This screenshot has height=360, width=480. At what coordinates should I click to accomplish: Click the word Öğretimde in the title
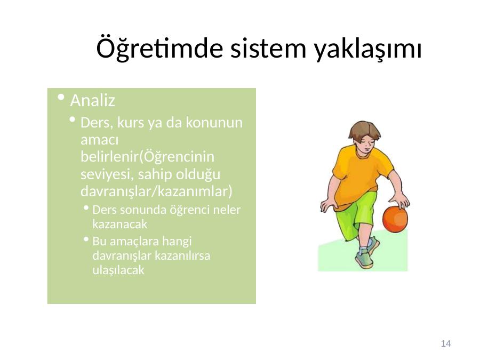point(159,48)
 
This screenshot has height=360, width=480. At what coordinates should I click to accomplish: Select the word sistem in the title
point(268,49)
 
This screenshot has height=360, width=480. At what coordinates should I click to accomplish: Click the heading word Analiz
point(92,100)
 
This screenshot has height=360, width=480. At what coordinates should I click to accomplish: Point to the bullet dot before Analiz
point(61,98)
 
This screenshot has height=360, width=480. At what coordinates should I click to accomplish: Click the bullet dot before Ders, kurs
point(72,119)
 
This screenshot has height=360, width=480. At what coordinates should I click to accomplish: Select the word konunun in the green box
point(214,123)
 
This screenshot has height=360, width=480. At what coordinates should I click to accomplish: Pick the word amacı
point(100,140)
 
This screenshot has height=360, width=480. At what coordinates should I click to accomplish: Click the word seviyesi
point(107,175)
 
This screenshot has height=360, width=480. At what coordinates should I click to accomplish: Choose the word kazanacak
point(119,225)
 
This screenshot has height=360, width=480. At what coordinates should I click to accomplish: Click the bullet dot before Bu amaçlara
point(86,239)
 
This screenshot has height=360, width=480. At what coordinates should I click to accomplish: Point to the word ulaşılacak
point(118,270)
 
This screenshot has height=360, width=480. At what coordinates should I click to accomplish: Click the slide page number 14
point(446,343)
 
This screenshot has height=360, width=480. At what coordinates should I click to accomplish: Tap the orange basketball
point(395,219)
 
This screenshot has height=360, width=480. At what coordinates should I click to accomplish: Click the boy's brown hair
point(364,130)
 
